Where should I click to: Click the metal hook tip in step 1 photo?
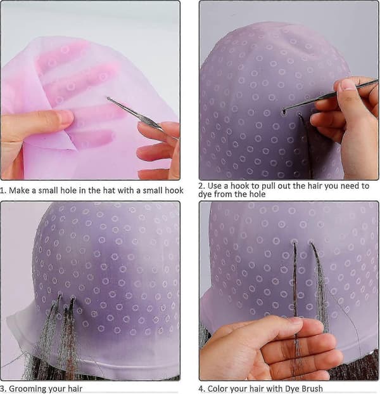[x=108, y=98]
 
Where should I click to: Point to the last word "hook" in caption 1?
[x=175, y=190]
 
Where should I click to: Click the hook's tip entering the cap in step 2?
[x=284, y=112]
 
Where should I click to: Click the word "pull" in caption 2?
[x=269, y=186]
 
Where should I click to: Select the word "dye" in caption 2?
[x=205, y=194]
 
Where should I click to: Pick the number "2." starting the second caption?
[x=201, y=186]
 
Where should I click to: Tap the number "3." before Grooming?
[x=3, y=389]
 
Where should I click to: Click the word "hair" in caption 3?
[x=75, y=389]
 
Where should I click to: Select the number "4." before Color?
[x=201, y=389]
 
